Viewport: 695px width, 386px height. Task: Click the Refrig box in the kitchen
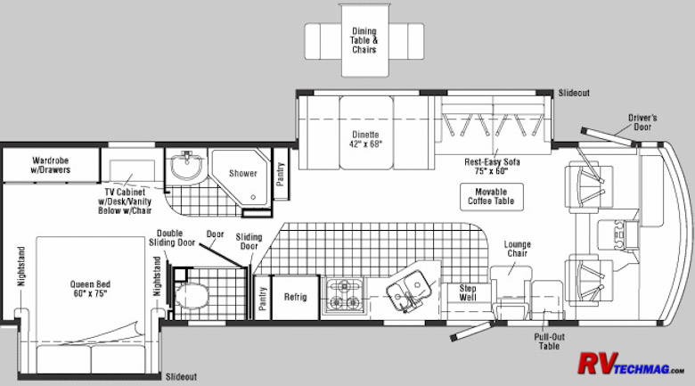tap(295, 297)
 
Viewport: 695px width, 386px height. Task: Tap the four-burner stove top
tap(345, 295)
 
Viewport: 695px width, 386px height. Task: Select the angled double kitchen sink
tap(409, 290)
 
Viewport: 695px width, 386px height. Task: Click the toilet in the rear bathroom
tap(192, 296)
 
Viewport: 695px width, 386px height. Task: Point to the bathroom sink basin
tap(186, 165)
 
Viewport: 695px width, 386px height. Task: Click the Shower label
tap(243, 174)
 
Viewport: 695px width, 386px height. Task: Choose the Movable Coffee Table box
tap(492, 196)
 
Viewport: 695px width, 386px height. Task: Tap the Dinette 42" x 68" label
tap(365, 139)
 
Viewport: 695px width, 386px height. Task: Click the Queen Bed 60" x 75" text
tap(90, 289)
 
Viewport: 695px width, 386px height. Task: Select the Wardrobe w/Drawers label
tap(51, 165)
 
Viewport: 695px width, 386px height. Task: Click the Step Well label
tap(468, 292)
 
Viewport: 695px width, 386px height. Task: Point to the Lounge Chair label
tap(518, 249)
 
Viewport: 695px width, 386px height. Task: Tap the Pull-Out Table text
tap(549, 341)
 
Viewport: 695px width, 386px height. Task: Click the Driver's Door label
tap(642, 122)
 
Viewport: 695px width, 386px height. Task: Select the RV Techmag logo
tap(630, 364)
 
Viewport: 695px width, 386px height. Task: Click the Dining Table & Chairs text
tap(364, 40)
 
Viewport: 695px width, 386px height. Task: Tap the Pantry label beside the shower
tap(280, 174)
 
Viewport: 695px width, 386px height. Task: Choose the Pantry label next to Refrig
tap(262, 298)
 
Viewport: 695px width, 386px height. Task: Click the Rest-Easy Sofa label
tap(492, 167)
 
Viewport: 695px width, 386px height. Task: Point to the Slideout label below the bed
tap(181, 377)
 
